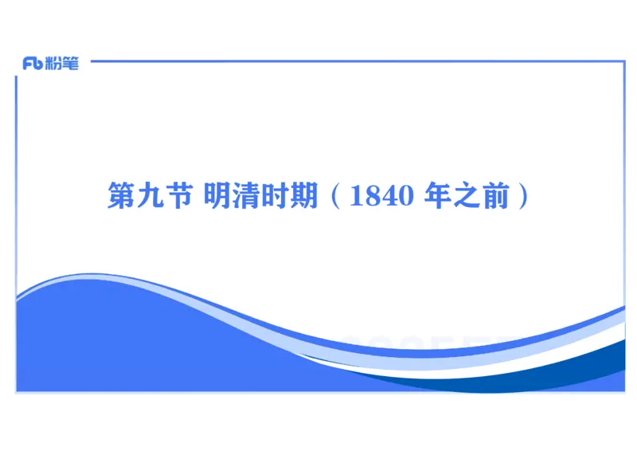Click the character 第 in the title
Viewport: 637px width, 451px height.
pyautogui.click(x=120, y=196)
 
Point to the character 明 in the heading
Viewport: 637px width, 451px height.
pyautogui.click(x=217, y=196)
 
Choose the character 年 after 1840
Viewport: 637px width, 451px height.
pyautogui.click(x=439, y=196)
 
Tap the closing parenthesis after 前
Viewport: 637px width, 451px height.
pyautogui.click(x=522, y=196)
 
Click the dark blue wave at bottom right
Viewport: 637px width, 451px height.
pyautogui.click(x=589, y=371)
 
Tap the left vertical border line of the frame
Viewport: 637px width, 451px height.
pyautogui.click(x=16, y=199)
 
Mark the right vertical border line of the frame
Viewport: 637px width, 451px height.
pyautogui.click(x=624, y=199)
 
